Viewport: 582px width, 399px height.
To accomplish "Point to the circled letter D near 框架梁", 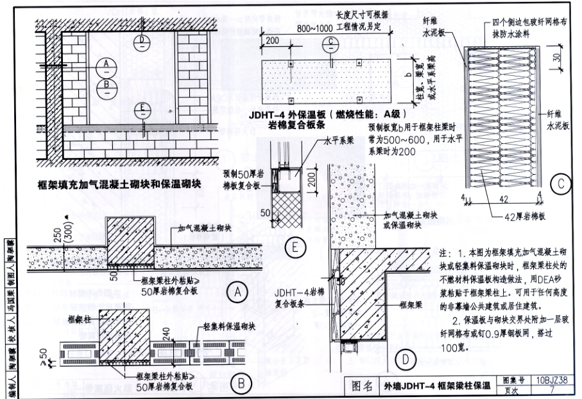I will pos(405,357).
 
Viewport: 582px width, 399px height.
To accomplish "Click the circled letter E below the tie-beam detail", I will pos(295,247).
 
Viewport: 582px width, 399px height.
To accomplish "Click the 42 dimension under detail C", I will pos(504,200).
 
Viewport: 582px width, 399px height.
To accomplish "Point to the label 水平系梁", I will pos(340,138).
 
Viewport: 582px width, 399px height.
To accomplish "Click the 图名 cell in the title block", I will pos(363,387).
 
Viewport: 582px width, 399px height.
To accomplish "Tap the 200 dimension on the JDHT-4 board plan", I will pos(272,40).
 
